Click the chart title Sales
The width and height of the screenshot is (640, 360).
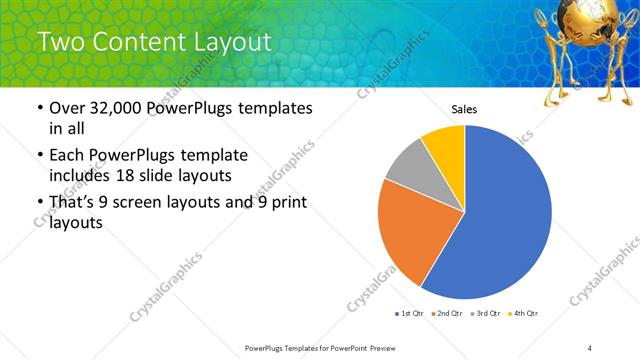[x=464, y=109]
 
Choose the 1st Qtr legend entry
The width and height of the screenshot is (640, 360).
[x=411, y=314]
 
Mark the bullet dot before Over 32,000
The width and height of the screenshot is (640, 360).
[x=38, y=108]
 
